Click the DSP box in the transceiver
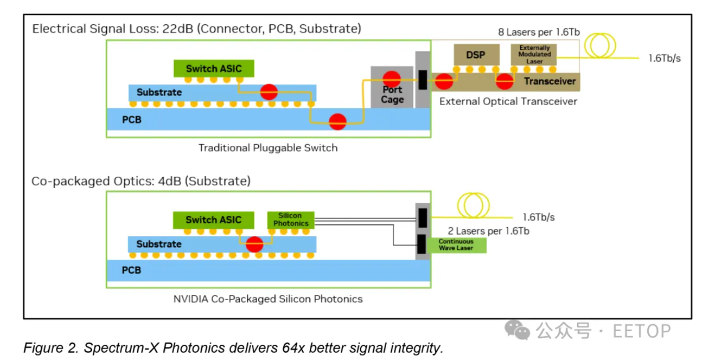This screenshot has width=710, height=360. click(x=476, y=55)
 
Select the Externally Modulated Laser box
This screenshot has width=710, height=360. click(x=534, y=55)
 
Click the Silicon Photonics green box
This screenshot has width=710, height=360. click(x=291, y=219)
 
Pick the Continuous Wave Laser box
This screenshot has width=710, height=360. click(x=456, y=245)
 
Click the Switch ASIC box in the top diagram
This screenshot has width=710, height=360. click(x=214, y=69)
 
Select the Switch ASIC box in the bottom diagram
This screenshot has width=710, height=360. click(x=214, y=220)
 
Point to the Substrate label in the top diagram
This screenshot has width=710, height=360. click(x=159, y=92)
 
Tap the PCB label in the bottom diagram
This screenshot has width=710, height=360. click(x=132, y=270)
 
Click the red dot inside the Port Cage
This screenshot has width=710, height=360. click(x=391, y=78)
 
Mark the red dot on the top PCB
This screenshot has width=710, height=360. click(x=337, y=120)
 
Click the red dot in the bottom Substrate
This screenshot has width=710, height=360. click(x=255, y=244)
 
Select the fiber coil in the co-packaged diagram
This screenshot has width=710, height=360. click(x=474, y=205)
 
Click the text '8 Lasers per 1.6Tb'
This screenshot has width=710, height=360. click(x=539, y=32)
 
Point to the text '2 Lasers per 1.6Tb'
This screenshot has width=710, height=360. click(x=488, y=231)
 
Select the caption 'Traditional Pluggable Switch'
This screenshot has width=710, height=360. click(x=268, y=148)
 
